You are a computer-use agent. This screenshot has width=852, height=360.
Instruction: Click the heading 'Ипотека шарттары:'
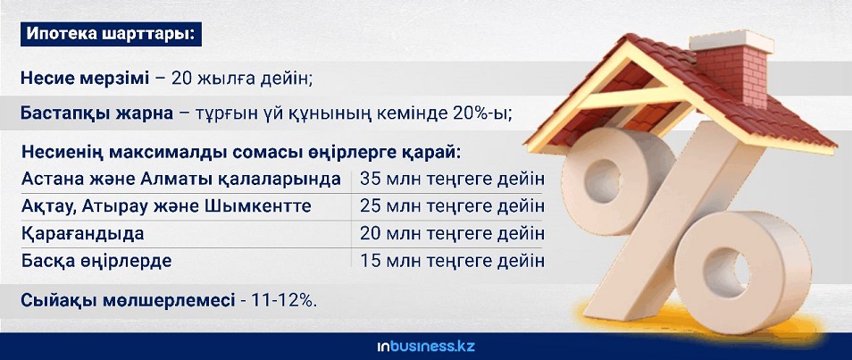[111, 34]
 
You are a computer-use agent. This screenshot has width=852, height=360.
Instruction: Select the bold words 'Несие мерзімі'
[85, 79]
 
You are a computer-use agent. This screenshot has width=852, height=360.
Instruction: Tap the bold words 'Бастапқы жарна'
[96, 113]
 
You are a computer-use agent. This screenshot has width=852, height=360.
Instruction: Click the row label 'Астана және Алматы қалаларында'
[181, 179]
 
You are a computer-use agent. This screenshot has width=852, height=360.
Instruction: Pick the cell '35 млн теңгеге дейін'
[452, 179]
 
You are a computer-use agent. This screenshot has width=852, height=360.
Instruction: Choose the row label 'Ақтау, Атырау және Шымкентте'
[166, 206]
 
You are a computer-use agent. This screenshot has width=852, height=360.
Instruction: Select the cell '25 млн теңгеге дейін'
[452, 206]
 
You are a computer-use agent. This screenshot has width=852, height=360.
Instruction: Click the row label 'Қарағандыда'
[82, 234]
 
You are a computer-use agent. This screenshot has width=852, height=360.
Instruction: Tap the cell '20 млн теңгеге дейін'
[452, 234]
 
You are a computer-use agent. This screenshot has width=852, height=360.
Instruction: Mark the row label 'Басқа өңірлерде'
[96, 261]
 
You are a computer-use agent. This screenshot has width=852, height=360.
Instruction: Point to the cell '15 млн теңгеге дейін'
[452, 261]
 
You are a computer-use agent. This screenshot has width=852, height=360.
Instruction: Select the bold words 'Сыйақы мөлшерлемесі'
[128, 300]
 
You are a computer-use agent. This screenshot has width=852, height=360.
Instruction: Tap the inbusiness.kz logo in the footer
[426, 347]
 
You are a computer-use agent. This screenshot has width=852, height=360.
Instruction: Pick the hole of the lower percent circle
[726, 272]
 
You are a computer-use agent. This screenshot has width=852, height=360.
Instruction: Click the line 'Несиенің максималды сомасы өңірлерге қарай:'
[241, 152]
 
